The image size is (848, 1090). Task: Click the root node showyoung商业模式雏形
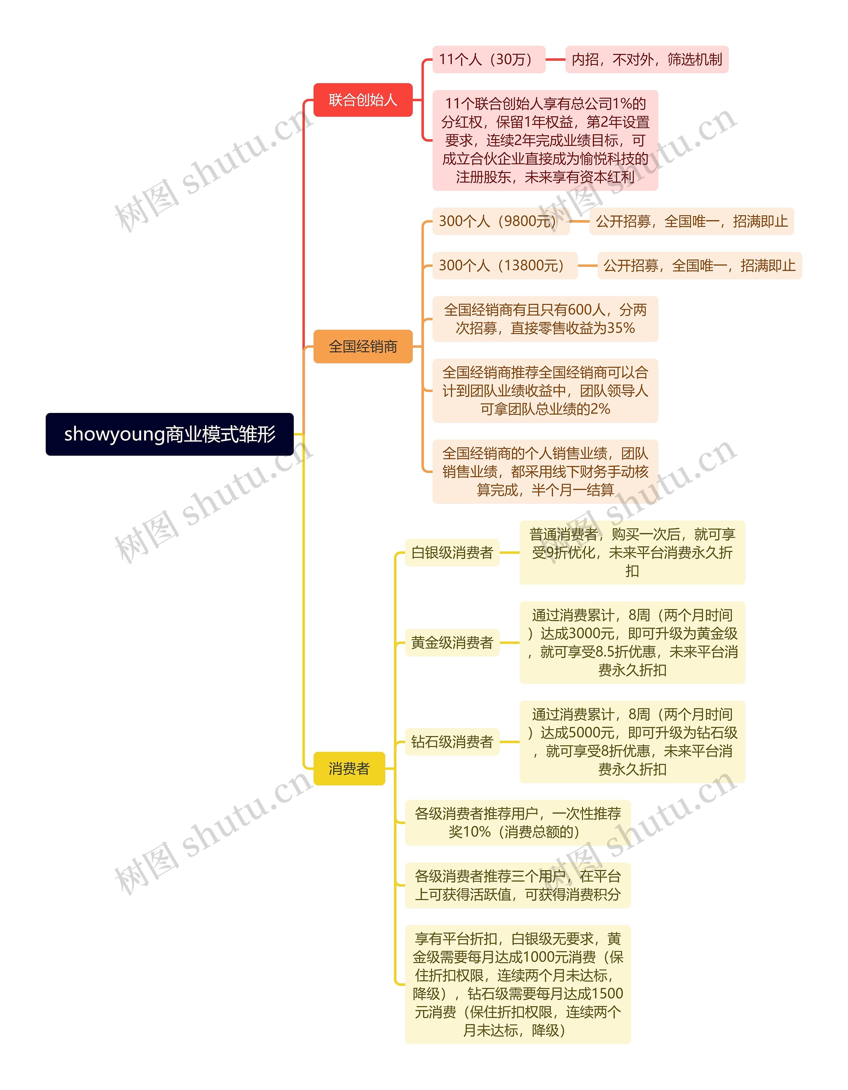click(x=170, y=434)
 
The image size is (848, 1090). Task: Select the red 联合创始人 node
click(x=363, y=100)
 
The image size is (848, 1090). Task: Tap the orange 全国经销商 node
click(x=363, y=346)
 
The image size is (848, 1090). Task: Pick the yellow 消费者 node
click(x=349, y=768)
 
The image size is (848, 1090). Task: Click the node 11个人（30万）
click(x=488, y=59)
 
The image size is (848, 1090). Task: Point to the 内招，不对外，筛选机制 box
click(x=647, y=59)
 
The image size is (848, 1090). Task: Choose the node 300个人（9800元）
click(x=500, y=221)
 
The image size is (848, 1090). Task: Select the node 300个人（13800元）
click(x=504, y=265)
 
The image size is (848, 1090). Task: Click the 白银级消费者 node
click(x=452, y=552)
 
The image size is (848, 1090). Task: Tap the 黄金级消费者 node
click(x=452, y=642)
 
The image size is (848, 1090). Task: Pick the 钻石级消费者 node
click(x=452, y=742)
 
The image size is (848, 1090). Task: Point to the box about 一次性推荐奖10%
click(x=517, y=823)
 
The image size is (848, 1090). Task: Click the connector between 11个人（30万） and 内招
click(x=555, y=59)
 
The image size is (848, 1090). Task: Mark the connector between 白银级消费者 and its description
click(x=509, y=552)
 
